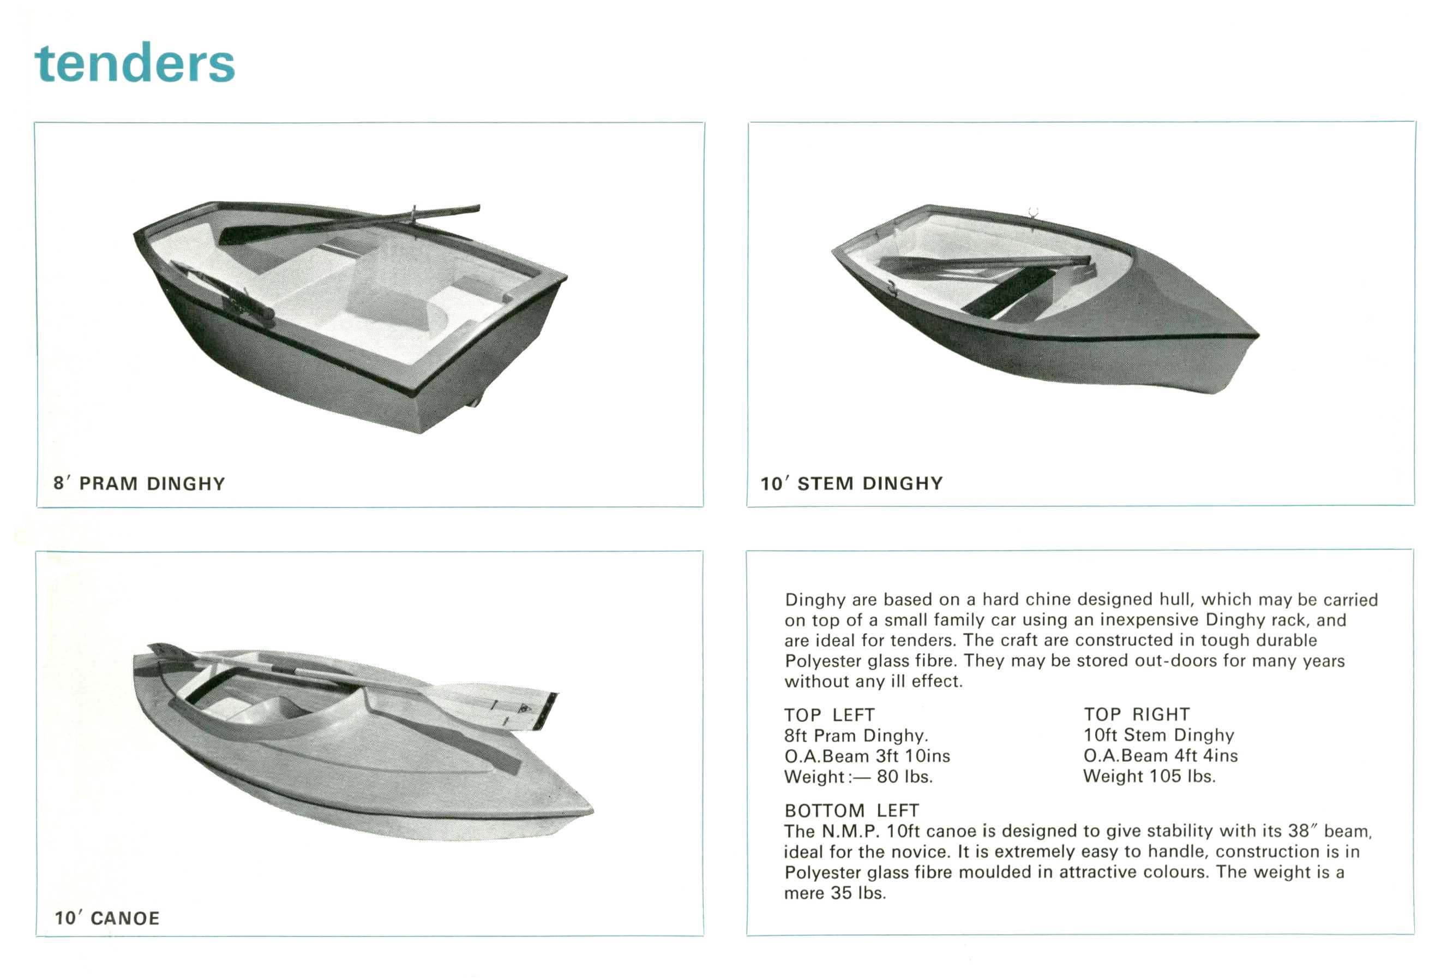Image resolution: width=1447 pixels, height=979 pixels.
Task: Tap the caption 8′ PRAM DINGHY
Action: [139, 484]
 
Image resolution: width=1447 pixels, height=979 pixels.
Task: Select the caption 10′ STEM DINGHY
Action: [851, 483]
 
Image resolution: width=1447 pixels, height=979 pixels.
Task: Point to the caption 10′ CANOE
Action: [107, 918]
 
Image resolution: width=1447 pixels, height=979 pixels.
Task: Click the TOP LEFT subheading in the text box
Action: [830, 714]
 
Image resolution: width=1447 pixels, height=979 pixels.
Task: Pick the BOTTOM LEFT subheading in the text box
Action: [851, 810]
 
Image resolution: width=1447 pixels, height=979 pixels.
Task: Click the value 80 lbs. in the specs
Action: [904, 777]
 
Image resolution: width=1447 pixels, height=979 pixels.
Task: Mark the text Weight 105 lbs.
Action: [1149, 776]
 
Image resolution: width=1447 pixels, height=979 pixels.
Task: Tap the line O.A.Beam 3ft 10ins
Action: [867, 756]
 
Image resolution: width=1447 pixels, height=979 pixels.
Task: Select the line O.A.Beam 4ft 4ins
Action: [1161, 755]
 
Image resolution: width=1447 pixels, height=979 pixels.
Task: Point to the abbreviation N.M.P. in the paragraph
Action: [850, 832]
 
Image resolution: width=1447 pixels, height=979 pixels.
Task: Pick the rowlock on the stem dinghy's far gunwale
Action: [1033, 212]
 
